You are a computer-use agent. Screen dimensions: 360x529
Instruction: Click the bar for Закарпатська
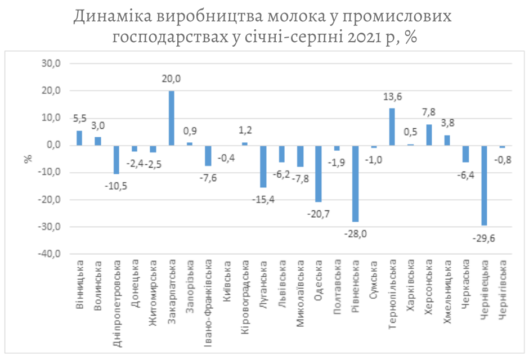coord(171,118)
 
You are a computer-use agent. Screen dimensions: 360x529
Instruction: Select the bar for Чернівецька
coord(484,185)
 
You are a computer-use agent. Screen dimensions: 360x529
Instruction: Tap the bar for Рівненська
coord(355,183)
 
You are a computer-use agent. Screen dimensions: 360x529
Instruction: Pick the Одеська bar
coord(319,173)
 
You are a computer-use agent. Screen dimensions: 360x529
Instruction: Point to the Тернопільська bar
coord(392,127)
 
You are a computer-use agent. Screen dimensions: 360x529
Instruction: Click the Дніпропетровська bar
coord(116,159)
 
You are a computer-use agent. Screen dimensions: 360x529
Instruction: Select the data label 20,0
coord(171,79)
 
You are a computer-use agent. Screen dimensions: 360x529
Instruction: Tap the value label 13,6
coord(392,97)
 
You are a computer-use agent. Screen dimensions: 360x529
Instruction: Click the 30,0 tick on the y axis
coord(51,64)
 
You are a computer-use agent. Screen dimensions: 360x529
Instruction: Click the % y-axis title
coord(28,157)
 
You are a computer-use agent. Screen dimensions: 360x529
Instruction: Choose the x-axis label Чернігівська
coord(503,289)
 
